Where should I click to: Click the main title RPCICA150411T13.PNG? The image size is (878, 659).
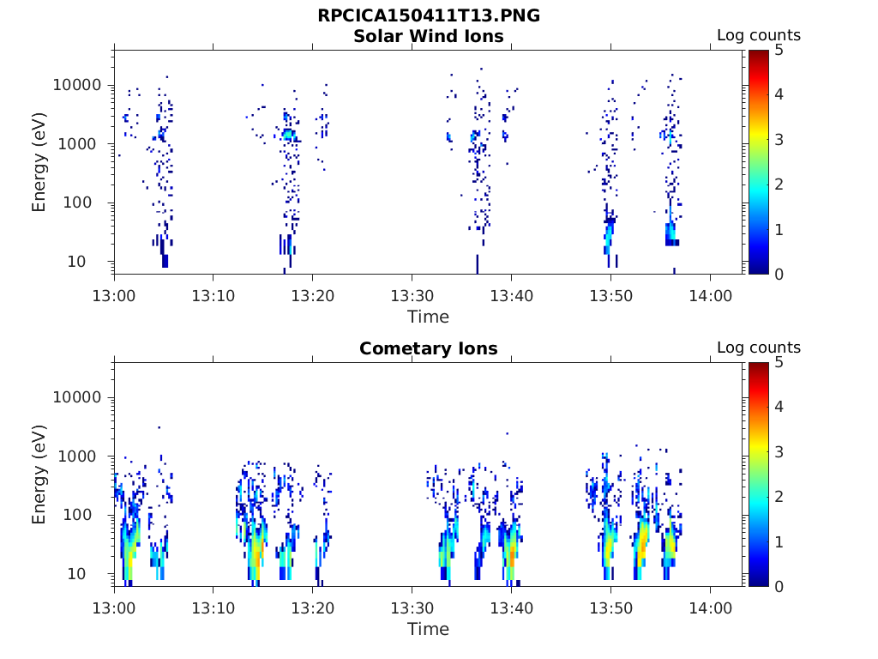pyautogui.click(x=429, y=15)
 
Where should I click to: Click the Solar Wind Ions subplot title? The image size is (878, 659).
pyautogui.click(x=429, y=36)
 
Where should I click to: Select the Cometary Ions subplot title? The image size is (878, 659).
pyautogui.click(x=429, y=348)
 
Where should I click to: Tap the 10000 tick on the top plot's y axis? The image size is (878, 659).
pyautogui.click(x=78, y=85)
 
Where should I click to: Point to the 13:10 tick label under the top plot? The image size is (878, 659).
pyautogui.click(x=213, y=294)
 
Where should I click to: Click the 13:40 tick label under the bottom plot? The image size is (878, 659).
pyautogui.click(x=512, y=607)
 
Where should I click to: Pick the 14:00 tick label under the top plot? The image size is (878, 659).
pyautogui.click(x=710, y=294)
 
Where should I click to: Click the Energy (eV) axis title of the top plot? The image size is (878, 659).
pyautogui.click(x=39, y=162)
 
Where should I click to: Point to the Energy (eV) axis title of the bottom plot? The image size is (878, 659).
pyautogui.click(x=39, y=475)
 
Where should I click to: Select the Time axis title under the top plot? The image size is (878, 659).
pyautogui.click(x=429, y=317)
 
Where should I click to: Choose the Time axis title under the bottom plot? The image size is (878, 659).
pyautogui.click(x=429, y=629)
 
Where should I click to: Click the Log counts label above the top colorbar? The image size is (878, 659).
pyautogui.click(x=759, y=35)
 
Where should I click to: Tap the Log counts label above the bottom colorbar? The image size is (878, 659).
pyautogui.click(x=759, y=348)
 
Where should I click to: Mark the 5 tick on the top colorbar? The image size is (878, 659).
pyautogui.click(x=779, y=51)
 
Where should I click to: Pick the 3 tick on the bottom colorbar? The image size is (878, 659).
pyautogui.click(x=779, y=452)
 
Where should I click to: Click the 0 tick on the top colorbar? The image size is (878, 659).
pyautogui.click(x=779, y=274)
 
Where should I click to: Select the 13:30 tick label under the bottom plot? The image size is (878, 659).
pyautogui.click(x=412, y=607)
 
